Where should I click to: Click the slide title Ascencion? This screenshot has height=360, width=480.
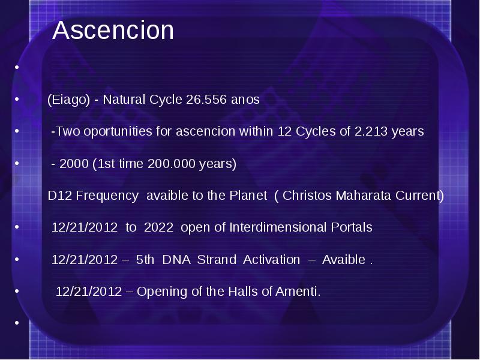(113, 30)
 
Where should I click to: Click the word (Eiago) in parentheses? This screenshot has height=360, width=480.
(69, 100)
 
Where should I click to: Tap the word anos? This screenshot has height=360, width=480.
(245, 100)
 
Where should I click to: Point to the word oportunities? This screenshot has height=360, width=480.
(118, 131)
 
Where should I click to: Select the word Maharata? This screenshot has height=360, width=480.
(363, 196)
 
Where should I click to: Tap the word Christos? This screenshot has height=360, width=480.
(307, 196)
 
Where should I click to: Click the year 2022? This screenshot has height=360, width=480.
(158, 227)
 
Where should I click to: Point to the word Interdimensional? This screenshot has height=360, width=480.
(278, 227)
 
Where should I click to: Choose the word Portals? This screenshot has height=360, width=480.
(352, 227)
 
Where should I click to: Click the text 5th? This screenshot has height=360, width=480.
(145, 260)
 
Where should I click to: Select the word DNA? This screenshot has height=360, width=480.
(176, 260)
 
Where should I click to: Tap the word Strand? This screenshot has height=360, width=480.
(217, 260)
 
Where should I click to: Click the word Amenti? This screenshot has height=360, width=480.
(298, 292)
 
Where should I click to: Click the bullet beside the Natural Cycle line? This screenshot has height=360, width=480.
(17, 99)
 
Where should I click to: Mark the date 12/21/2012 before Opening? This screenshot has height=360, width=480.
(89, 292)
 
